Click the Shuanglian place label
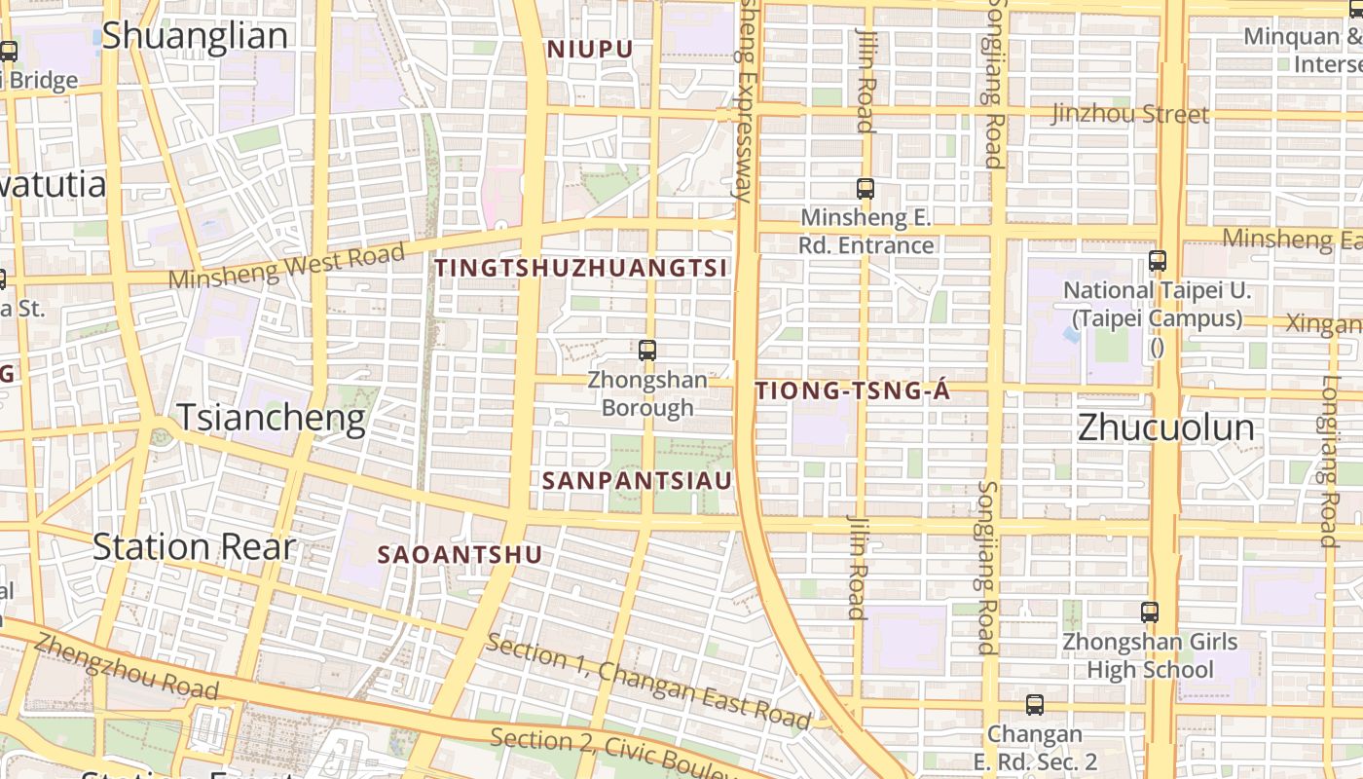(195, 36)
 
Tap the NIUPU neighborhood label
(590, 49)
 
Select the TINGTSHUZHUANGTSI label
(581, 268)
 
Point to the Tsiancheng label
(271, 418)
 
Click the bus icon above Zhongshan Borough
(647, 351)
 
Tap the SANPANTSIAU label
(637, 480)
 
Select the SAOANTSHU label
(460, 555)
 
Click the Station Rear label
(194, 547)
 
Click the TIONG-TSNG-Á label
(852, 391)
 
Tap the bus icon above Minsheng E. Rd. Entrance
(865, 189)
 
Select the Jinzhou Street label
(1129, 114)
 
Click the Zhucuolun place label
(1165, 427)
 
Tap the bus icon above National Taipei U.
(1157, 261)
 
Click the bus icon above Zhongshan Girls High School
(1150, 612)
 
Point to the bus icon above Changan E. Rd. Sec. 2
(1034, 704)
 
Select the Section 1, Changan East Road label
(648, 682)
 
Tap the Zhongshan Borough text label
(647, 393)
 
